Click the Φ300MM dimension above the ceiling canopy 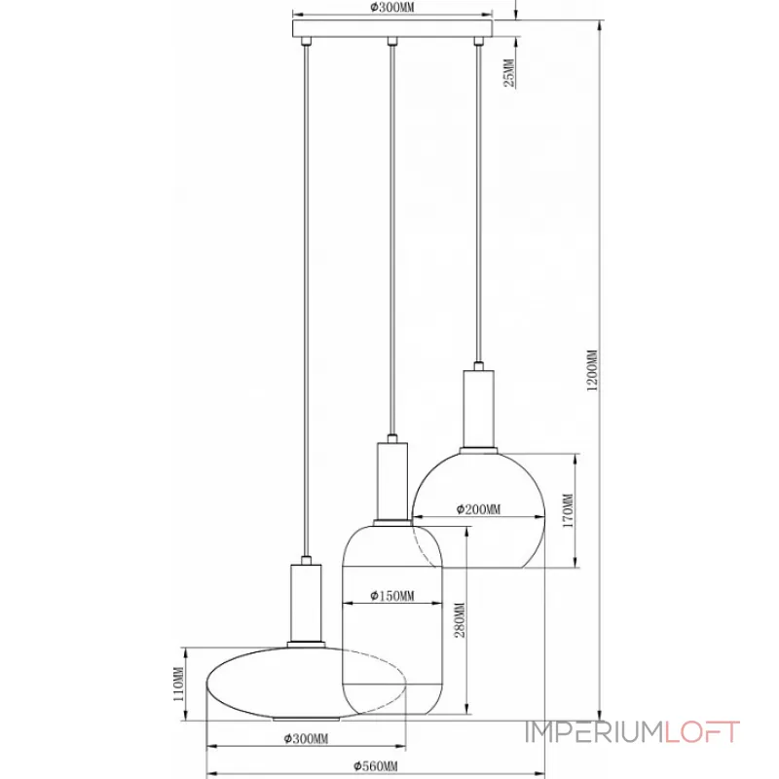[x=393, y=8]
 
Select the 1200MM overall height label [x=590, y=370]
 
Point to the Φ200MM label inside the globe [x=477, y=509]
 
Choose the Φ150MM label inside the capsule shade [x=392, y=596]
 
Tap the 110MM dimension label [x=177, y=686]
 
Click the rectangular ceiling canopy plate [x=393, y=31]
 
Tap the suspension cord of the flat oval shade [x=306, y=292]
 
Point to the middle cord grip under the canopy [x=392, y=42]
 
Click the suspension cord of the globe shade [x=477, y=195]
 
